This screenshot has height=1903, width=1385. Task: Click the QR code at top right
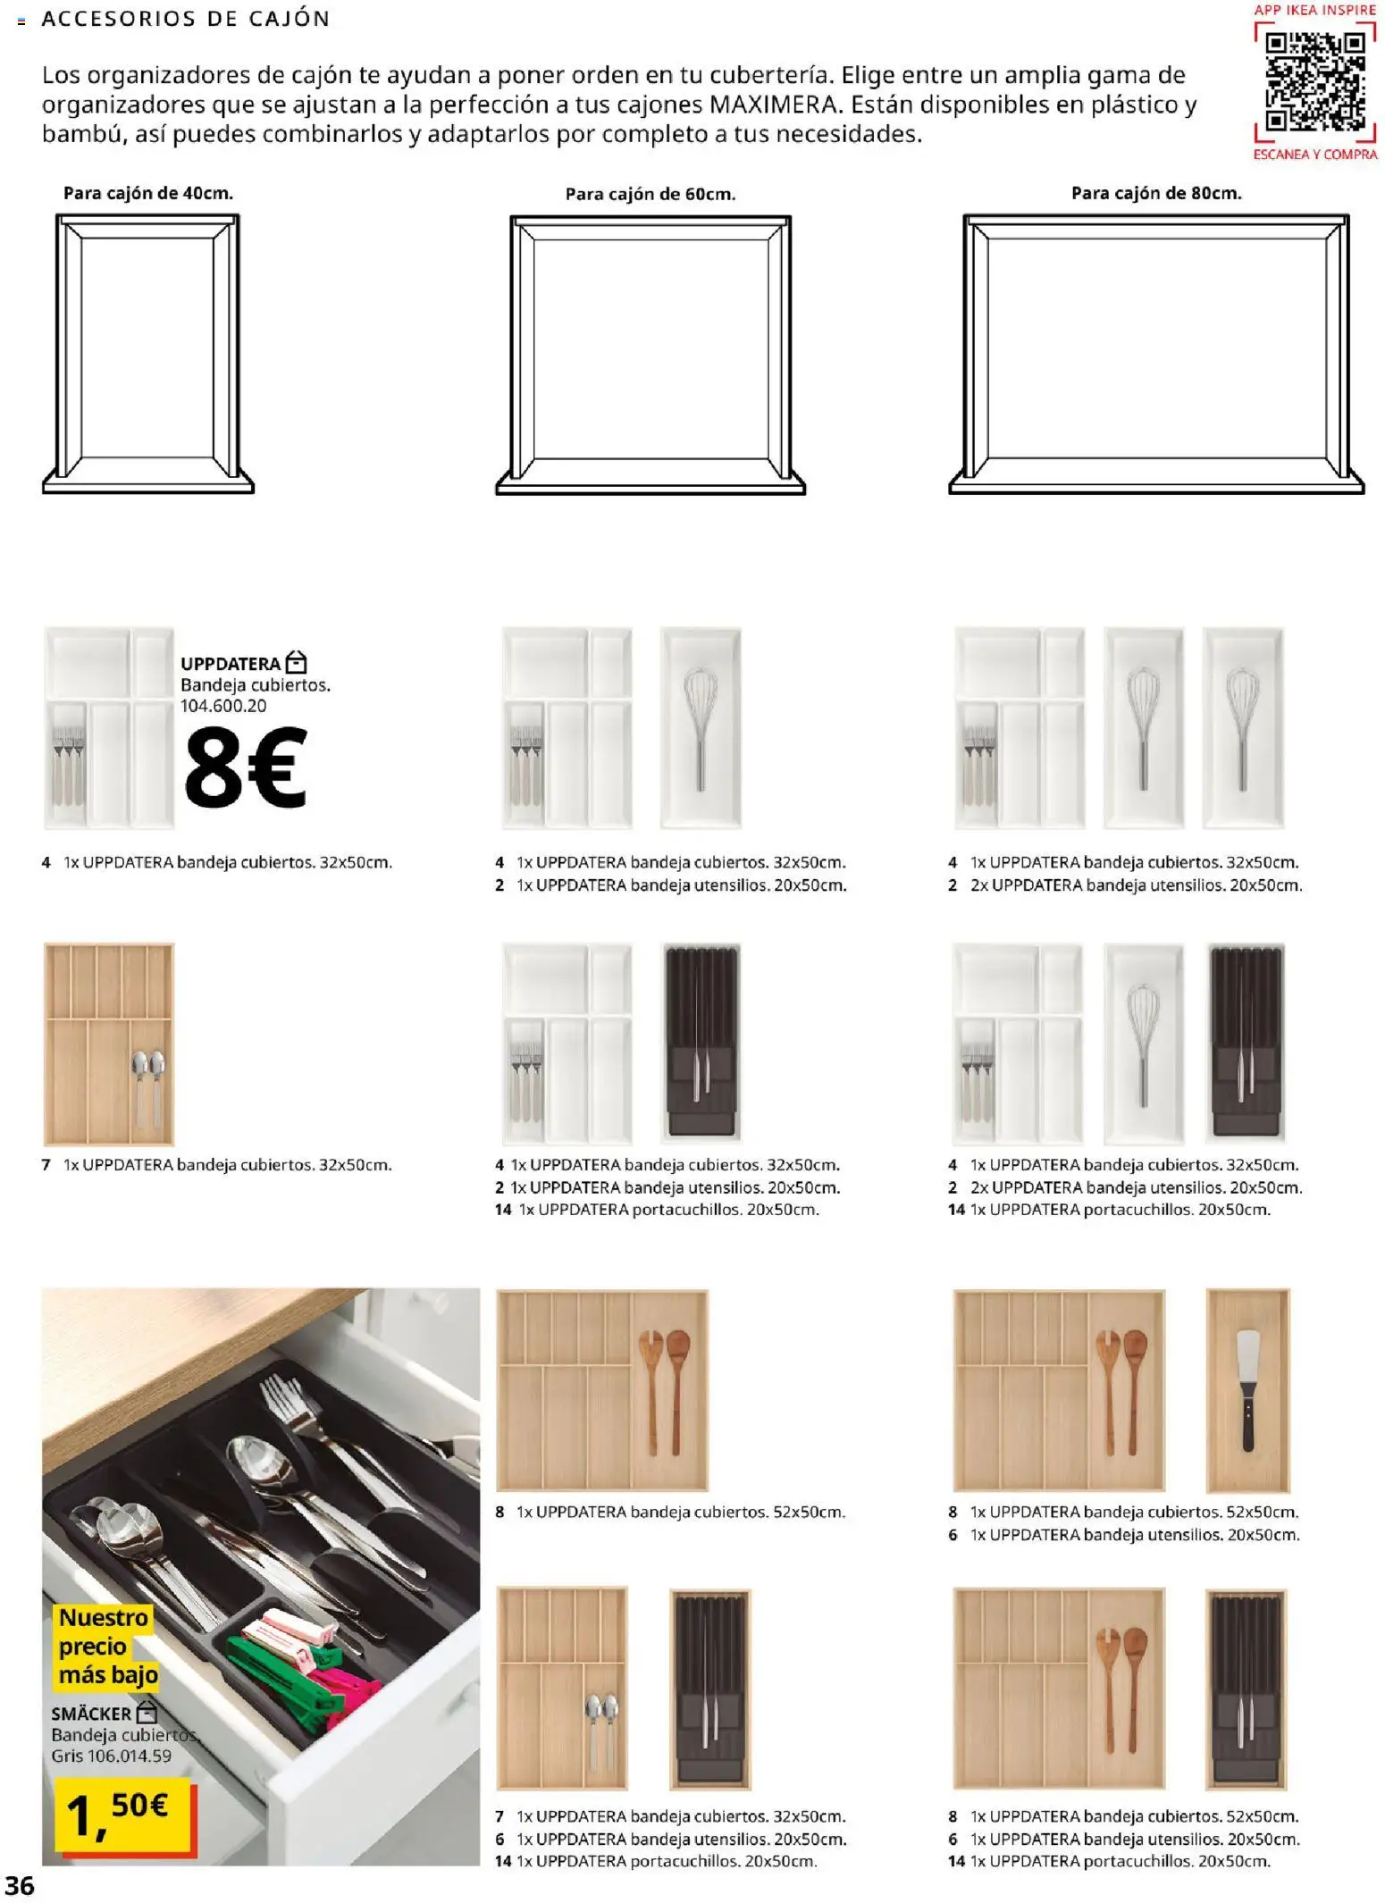pos(1315,81)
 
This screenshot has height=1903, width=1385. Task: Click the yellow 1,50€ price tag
pos(122,1814)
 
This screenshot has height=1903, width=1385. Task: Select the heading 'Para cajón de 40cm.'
pos(148,193)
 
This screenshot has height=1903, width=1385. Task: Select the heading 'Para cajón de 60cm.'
pos(651,194)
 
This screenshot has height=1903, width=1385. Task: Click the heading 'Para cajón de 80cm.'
pos(1156,193)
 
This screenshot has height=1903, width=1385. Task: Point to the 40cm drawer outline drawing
pos(148,354)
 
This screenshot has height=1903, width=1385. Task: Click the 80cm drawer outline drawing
pos(1156,354)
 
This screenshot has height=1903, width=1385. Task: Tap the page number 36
pos(20,1885)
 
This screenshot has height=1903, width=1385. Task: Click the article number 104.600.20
pos(223,706)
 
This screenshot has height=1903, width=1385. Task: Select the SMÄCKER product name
pos(91,1714)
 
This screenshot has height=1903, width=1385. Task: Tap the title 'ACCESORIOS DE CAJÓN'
pos(186,19)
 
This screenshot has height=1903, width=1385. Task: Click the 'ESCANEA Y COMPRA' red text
pos(1315,155)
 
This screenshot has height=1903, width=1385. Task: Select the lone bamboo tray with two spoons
pos(109,1044)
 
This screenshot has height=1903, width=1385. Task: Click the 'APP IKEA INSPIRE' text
pos(1315,10)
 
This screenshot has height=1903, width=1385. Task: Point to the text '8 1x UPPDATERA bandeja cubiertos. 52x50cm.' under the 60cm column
pos(670,1512)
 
